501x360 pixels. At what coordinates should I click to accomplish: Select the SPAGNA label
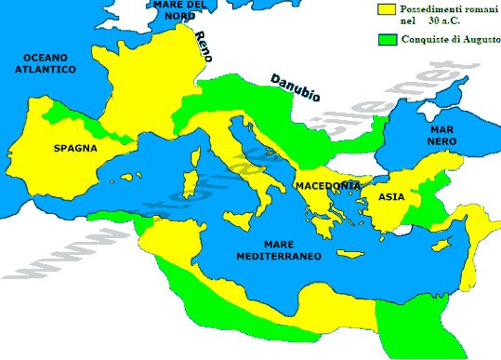tap(75, 148)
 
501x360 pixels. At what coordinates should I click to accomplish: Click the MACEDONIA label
tap(328, 186)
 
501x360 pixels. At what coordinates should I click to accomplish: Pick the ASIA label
tap(391, 197)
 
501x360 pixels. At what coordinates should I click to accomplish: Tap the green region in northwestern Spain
tap(58, 113)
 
